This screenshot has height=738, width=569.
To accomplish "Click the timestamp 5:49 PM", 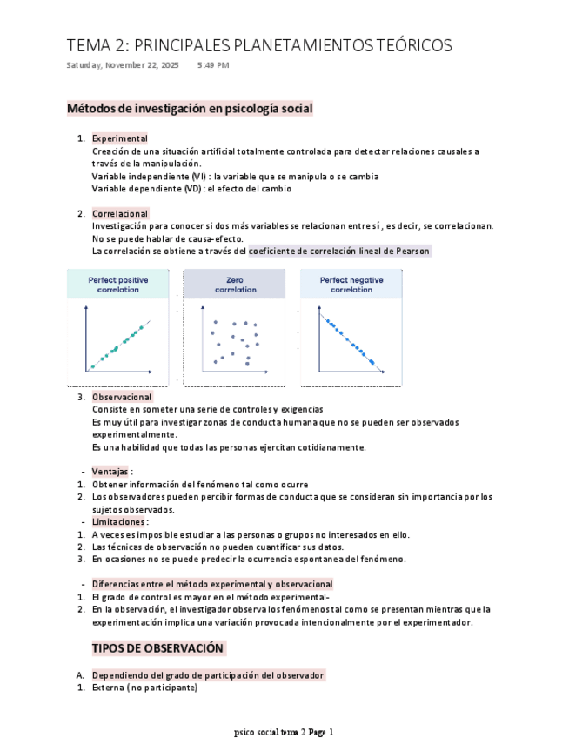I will pyautogui.click(x=213, y=65).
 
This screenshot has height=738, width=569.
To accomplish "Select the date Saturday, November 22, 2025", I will pyautogui.click(x=123, y=65).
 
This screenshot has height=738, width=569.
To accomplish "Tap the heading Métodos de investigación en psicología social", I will pyautogui.click(x=190, y=109).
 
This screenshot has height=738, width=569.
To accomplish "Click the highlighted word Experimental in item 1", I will pyautogui.click(x=119, y=138).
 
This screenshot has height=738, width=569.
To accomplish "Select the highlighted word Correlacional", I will pyautogui.click(x=120, y=213).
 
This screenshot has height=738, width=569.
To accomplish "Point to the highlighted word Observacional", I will pyautogui.click(x=122, y=397).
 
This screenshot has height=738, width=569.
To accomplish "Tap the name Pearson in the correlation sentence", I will pyautogui.click(x=412, y=251).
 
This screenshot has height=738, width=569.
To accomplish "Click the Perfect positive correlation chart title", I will pyautogui.click(x=118, y=285).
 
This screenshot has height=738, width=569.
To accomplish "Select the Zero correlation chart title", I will pyautogui.click(x=235, y=285).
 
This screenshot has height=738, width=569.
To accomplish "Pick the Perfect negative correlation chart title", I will pyautogui.click(x=351, y=285).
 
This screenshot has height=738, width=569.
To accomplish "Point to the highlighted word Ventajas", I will pyautogui.click(x=110, y=472).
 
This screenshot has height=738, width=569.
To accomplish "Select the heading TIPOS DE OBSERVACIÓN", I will pyautogui.click(x=158, y=648).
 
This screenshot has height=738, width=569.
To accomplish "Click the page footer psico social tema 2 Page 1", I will pyautogui.click(x=284, y=732).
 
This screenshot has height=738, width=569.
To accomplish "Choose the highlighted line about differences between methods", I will pyautogui.click(x=212, y=585).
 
